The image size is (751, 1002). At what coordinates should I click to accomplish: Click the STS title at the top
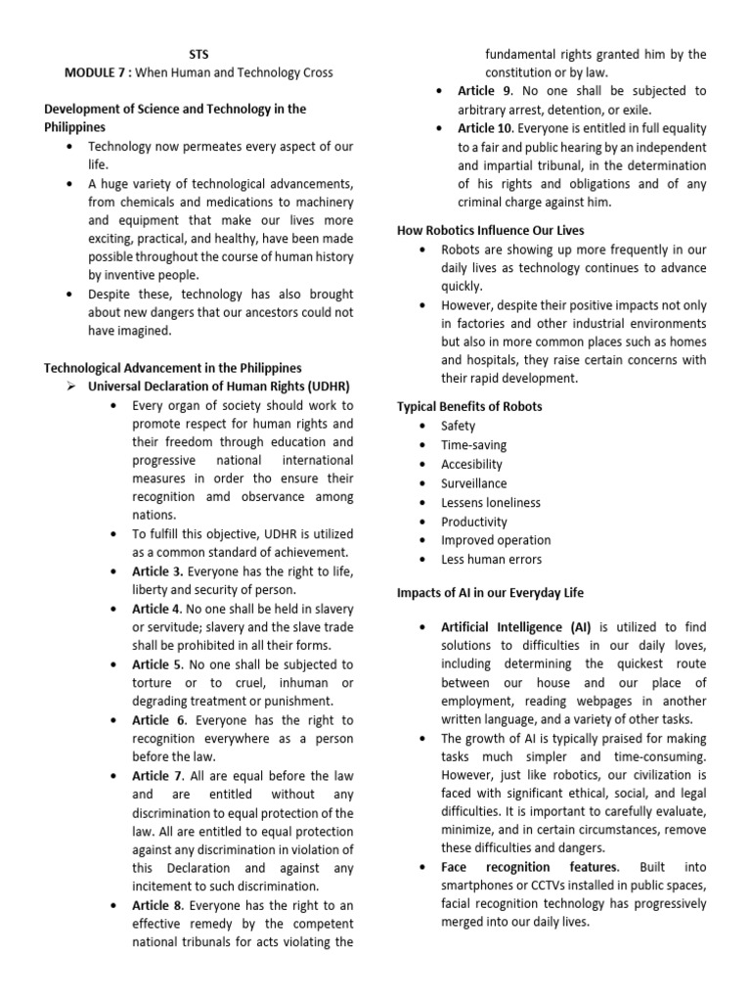(x=199, y=54)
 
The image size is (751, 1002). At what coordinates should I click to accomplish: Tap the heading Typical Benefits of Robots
(x=468, y=406)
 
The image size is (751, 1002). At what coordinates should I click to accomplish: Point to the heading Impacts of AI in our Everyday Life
(x=504, y=593)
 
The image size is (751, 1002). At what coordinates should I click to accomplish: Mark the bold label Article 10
(x=486, y=128)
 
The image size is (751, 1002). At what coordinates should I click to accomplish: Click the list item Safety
(x=458, y=426)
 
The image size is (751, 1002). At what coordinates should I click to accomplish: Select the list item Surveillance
(x=473, y=483)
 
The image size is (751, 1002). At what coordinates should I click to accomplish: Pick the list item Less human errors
(x=490, y=560)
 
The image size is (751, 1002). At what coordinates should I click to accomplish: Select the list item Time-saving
(x=473, y=445)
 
